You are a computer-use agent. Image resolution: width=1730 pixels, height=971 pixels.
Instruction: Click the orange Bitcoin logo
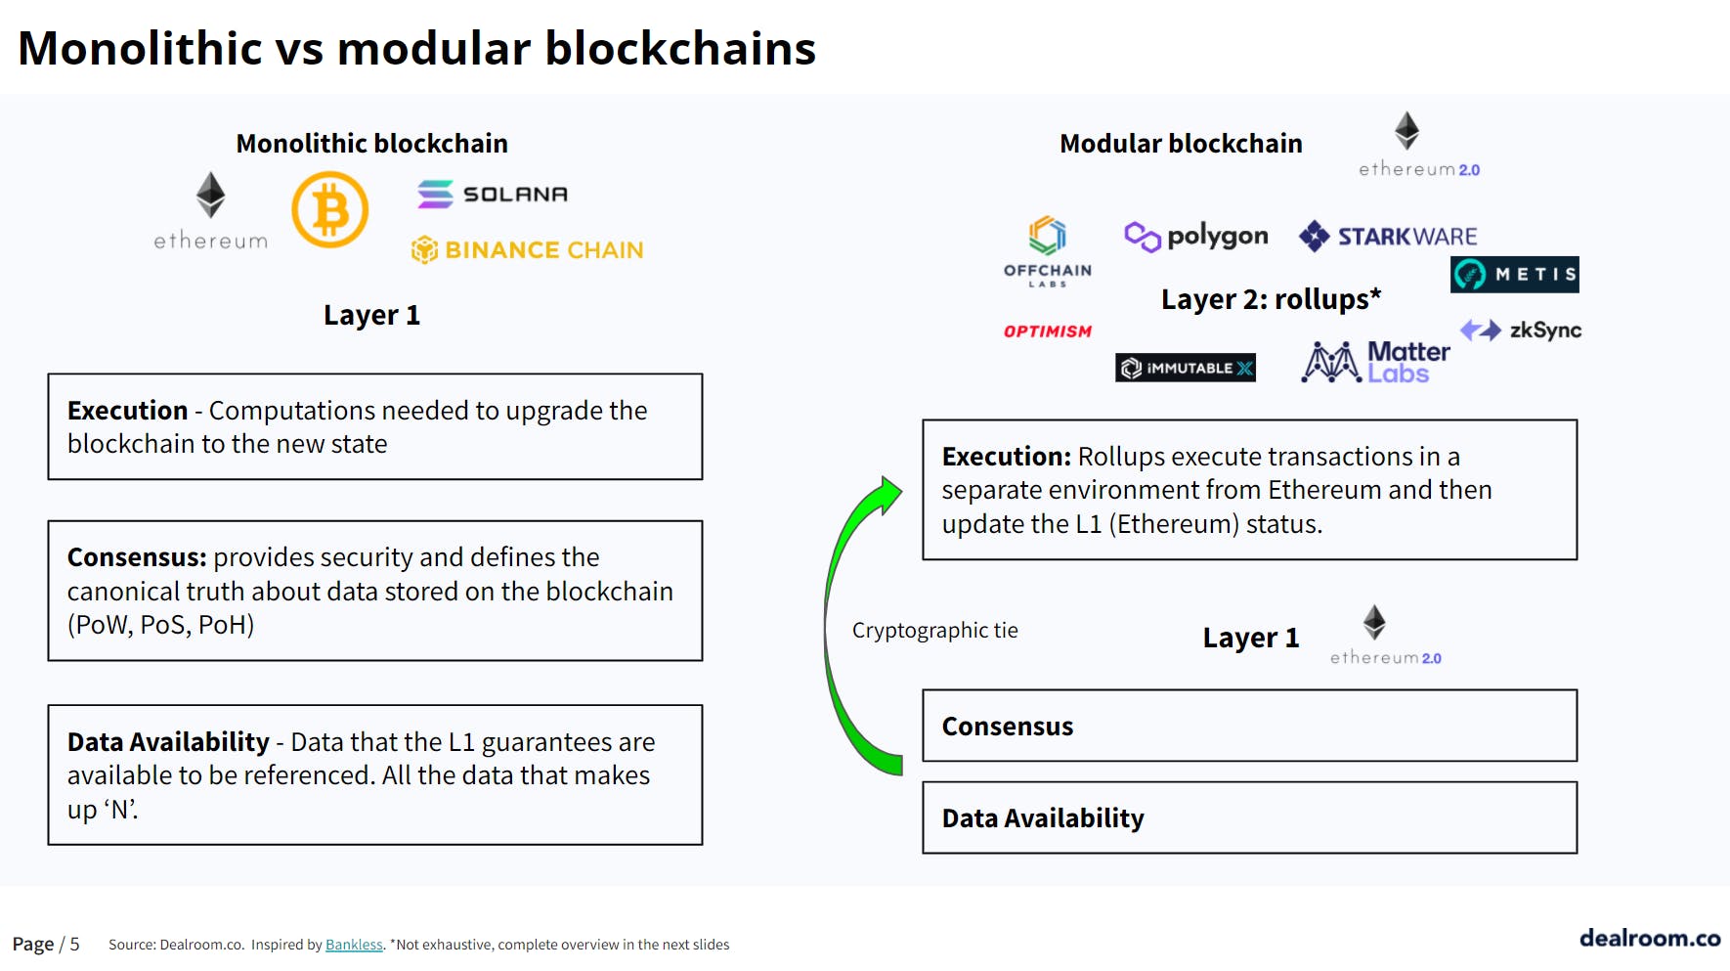coord(330,210)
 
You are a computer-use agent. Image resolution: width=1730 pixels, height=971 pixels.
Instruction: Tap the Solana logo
coord(493,194)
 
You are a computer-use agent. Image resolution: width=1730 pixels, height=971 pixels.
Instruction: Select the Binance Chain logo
coord(527,250)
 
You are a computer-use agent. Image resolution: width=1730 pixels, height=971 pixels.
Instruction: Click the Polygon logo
coord(1196,236)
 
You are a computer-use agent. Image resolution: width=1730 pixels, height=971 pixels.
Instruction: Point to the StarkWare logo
coord(1388,236)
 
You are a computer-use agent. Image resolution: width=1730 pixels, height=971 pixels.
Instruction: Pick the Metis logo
coord(1515,275)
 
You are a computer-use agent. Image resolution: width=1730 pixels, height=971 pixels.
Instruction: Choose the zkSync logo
coord(1521,331)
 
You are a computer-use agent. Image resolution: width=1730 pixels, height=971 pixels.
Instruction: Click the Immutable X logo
coord(1186,368)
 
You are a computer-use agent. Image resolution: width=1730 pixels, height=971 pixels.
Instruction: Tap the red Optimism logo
coord(1048,331)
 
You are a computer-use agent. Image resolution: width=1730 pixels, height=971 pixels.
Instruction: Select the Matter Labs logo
coord(1376,362)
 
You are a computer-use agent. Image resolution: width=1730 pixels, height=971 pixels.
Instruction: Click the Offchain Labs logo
coord(1048,251)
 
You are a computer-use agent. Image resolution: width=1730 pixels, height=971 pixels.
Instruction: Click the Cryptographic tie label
coord(935,631)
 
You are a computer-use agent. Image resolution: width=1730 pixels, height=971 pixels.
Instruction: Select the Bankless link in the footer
coord(354,945)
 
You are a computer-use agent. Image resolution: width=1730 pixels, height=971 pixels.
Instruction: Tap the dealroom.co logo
coord(1650,938)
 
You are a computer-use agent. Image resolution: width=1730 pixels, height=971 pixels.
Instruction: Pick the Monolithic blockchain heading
coord(372,144)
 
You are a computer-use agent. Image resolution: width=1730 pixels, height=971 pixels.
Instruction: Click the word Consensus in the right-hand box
coord(1008,727)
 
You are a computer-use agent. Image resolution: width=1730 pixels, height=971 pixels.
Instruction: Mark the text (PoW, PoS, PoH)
coord(161,625)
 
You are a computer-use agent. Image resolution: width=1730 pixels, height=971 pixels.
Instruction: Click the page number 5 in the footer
coord(75,944)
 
